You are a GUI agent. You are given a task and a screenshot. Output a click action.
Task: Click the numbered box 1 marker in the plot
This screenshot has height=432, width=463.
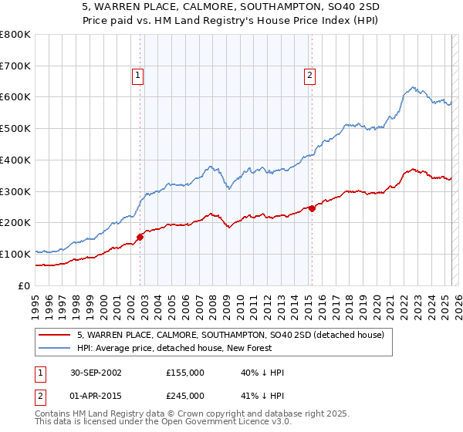tap(137, 76)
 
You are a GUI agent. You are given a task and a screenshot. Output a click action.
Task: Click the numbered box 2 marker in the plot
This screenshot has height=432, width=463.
tap(309, 76)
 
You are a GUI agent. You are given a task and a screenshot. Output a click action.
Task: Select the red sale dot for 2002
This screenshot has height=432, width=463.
tap(140, 237)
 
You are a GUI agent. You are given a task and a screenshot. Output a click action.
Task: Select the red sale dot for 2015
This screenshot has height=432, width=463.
tap(312, 208)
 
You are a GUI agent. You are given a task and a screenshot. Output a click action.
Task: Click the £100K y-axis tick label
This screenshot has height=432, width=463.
tap(15, 254)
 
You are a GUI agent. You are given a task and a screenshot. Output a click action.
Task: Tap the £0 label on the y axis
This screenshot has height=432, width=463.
tap(25, 285)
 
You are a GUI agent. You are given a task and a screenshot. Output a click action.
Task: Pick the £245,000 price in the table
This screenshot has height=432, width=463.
tap(185, 396)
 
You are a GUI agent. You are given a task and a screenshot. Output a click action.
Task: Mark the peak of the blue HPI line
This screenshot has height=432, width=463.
tap(414, 87)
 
